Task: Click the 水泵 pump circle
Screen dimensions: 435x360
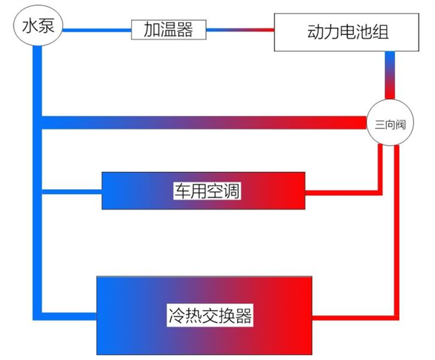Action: coord(38,26)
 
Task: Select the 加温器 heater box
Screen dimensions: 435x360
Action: coord(169,30)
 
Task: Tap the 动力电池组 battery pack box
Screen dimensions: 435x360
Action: coord(346,32)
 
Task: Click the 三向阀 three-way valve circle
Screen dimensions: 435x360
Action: coord(390,123)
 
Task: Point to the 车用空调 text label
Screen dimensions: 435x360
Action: coord(207,191)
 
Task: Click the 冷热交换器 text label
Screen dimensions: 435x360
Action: coord(210,315)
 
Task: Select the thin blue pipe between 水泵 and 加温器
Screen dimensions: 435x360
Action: coord(97,30)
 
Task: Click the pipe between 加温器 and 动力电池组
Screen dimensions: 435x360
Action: coord(240,30)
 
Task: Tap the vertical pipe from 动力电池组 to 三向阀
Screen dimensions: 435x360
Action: coord(390,75)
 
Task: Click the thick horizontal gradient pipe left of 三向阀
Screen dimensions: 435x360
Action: coord(204,123)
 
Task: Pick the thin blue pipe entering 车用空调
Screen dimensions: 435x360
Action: coord(72,192)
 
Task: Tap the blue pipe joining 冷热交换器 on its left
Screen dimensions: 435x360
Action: coord(69,316)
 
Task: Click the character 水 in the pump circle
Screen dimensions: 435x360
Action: coord(30,26)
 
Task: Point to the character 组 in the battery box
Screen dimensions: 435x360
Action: coord(380,32)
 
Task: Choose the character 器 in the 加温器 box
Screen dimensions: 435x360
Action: coord(184,30)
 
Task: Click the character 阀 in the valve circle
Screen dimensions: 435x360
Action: coord(400,124)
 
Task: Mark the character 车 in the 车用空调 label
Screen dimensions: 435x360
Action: coord(182,191)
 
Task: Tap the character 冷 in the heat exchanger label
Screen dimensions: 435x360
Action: coord(177,315)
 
